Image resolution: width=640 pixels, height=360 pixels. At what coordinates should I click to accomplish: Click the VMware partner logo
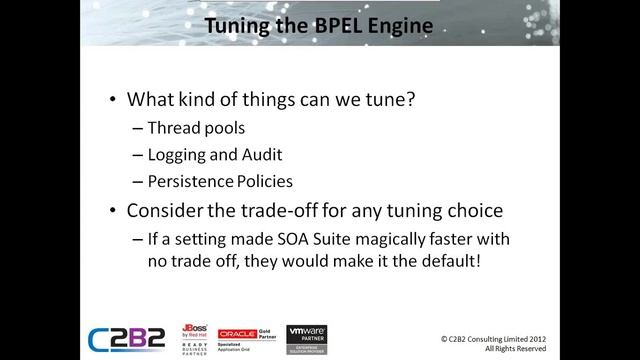tap(307, 336)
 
